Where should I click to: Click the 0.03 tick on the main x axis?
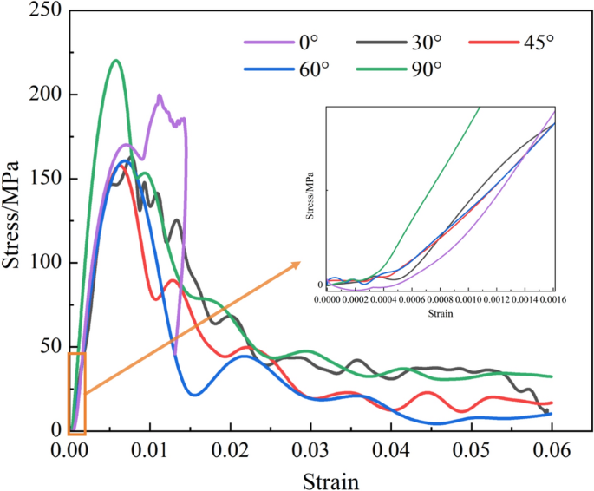tap(310, 450)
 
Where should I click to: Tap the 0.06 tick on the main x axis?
tap(552, 450)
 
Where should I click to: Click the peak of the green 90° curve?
tap(115, 60)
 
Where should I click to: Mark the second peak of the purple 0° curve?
tap(160, 96)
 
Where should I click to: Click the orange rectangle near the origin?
tap(76, 390)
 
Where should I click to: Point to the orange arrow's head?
tap(297, 263)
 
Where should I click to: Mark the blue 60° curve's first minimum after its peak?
tap(194, 395)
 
